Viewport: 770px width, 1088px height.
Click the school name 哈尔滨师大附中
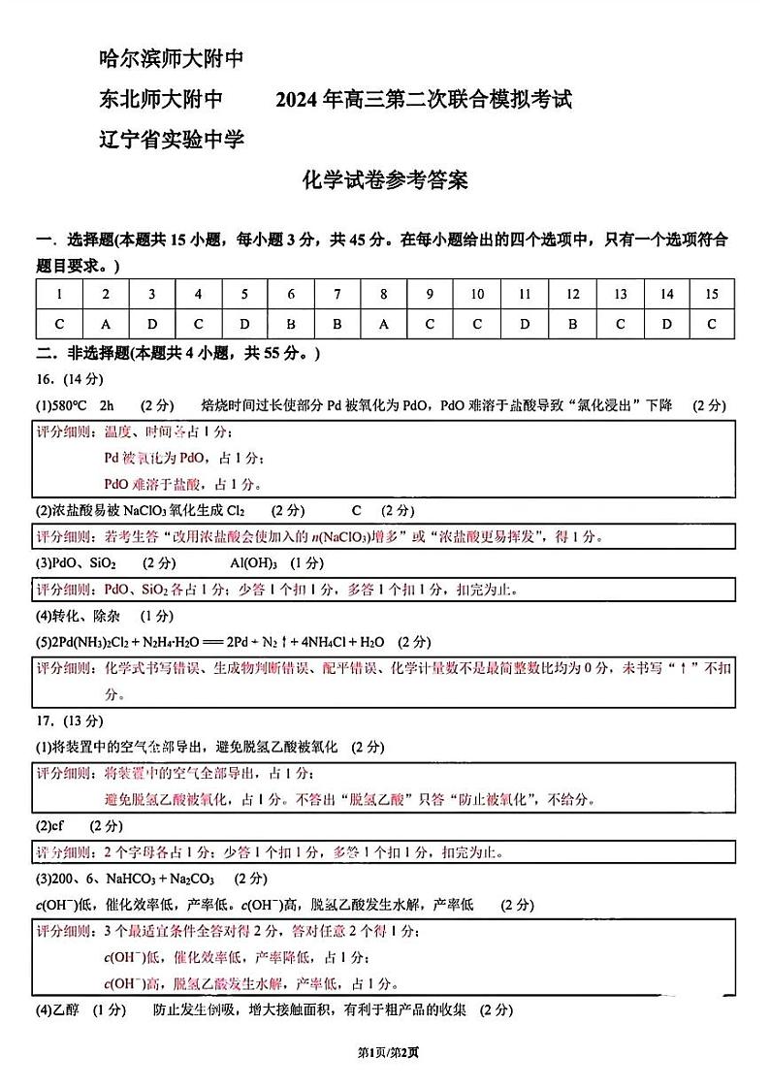pyautogui.click(x=171, y=60)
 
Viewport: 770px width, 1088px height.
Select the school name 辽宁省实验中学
pyautogui.click(x=171, y=140)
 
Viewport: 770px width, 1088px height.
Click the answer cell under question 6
pyautogui.click(x=291, y=324)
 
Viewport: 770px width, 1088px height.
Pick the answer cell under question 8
pyautogui.click(x=384, y=324)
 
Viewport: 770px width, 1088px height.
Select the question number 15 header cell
pyautogui.click(x=712, y=295)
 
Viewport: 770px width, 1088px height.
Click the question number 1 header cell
pyautogui.click(x=59, y=295)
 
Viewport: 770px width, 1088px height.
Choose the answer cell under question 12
pyautogui.click(x=572, y=324)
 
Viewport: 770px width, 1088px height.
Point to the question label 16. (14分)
pyautogui.click(x=69, y=379)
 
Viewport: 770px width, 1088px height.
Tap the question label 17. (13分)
pyautogui.click(x=69, y=720)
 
